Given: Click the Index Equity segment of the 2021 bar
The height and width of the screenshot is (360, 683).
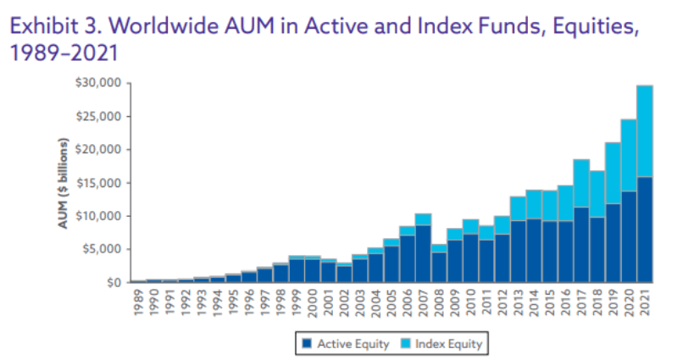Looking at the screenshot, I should click(x=644, y=130).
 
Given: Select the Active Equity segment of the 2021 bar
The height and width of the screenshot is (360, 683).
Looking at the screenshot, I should click(x=644, y=229).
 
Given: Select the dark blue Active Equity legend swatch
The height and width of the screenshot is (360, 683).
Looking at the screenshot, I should click(x=306, y=343).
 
